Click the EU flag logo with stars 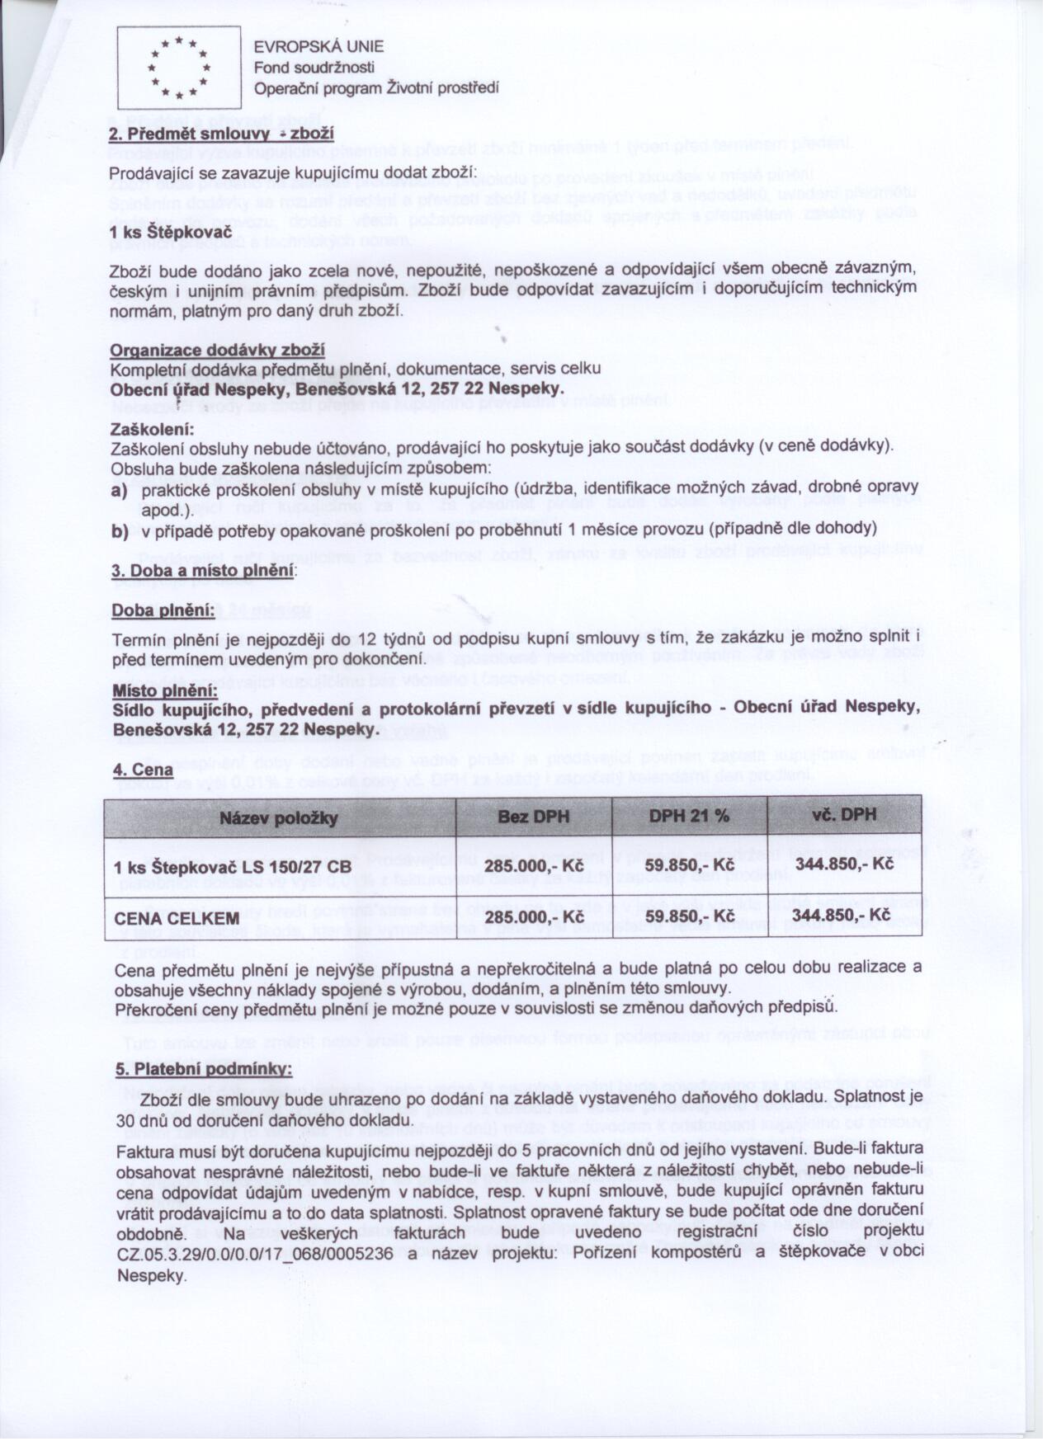178,68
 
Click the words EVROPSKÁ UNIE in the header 318,48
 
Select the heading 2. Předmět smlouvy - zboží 221,134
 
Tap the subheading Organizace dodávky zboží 217,351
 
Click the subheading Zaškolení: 152,430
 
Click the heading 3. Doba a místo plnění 202,570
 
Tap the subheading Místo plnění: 165,690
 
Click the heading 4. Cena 142,769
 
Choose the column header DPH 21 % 689,816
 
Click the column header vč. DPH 844,815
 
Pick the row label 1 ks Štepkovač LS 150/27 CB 233,866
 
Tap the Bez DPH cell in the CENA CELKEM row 534,917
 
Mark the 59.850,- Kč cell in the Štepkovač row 690,864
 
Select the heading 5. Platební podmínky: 201,1068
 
